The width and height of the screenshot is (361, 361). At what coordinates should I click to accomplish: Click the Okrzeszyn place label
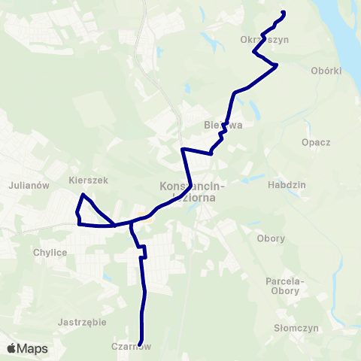pos(264,40)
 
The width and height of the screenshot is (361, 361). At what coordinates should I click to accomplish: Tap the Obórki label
pos(326,71)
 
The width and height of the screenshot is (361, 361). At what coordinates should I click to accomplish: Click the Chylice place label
pos(51,253)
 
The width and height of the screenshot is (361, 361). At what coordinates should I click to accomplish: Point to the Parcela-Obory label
pos(284,286)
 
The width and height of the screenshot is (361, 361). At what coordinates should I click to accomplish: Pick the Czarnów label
pos(132,346)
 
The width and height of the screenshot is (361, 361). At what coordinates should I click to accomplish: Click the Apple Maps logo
pos(27,348)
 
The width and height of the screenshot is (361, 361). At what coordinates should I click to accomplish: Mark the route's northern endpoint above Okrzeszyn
pos(284,12)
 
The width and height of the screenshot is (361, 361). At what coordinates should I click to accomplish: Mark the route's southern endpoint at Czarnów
pos(141,345)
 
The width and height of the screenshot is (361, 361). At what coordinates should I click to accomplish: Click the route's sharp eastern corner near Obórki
pos(278,65)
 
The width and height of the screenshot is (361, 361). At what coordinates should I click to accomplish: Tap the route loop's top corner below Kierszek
pos(83,196)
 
